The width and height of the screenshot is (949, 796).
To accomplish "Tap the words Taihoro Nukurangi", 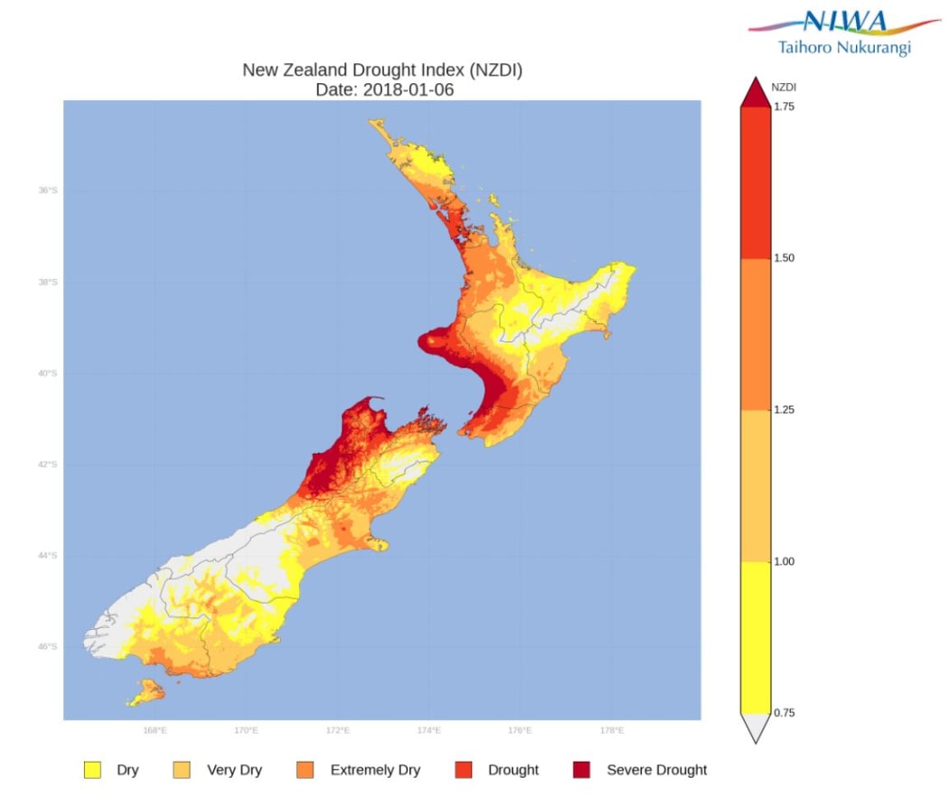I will tap(844, 47).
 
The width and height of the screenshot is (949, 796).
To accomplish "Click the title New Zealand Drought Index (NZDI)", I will tap(382, 70).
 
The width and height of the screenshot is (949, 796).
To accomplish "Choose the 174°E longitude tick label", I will tap(428, 730).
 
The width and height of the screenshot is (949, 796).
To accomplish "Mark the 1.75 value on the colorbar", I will tap(785, 107).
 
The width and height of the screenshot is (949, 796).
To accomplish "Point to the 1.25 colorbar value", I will tap(785, 410).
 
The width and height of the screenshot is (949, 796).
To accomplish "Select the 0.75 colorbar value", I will tap(785, 713).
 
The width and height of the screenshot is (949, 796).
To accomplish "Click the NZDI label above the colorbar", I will tap(784, 88).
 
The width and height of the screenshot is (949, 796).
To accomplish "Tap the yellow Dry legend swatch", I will tap(91, 770).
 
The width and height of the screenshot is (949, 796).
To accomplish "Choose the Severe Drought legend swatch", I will tap(581, 770).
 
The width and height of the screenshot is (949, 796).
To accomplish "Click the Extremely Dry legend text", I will tap(375, 770).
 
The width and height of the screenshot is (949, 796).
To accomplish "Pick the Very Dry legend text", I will tap(234, 770).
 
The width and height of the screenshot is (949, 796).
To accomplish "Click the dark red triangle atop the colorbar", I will tap(756, 92).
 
